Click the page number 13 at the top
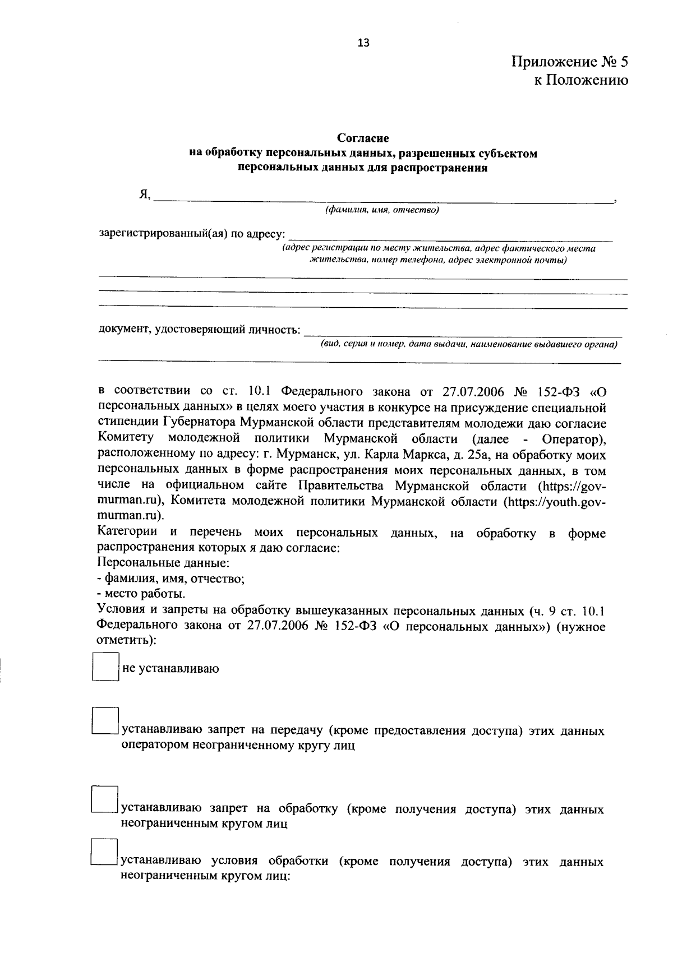click(x=363, y=43)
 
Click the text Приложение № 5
click(x=569, y=61)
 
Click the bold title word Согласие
click(x=363, y=138)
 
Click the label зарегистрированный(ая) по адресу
click(x=191, y=233)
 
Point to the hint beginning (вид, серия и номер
click(x=468, y=344)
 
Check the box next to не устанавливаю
click(x=105, y=667)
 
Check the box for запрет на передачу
click(x=105, y=721)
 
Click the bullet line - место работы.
click(x=141, y=594)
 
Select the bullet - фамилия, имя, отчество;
click(x=170, y=578)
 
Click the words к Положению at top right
click(x=580, y=80)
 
